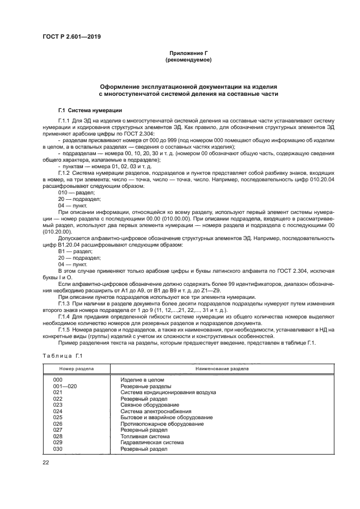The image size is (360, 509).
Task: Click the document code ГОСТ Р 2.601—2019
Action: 71,37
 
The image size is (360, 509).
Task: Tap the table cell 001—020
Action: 64,386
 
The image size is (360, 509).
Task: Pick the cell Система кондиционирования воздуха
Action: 168,392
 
